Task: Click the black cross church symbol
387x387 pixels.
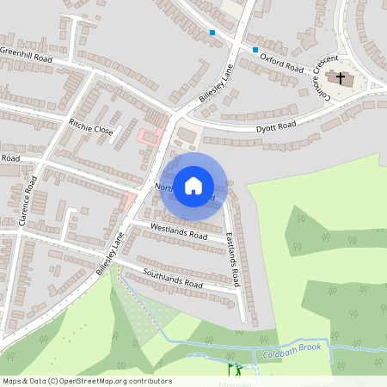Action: tap(341, 78)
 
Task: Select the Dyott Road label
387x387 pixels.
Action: tap(277, 126)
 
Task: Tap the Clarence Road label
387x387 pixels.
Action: tap(31, 196)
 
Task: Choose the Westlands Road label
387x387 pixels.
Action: tap(179, 230)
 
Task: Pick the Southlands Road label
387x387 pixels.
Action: tap(172, 279)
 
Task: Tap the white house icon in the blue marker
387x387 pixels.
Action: tap(193, 184)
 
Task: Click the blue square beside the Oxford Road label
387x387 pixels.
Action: tap(255, 49)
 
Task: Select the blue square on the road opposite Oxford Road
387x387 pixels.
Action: tap(212, 33)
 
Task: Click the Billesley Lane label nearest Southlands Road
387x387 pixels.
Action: tap(110, 253)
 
